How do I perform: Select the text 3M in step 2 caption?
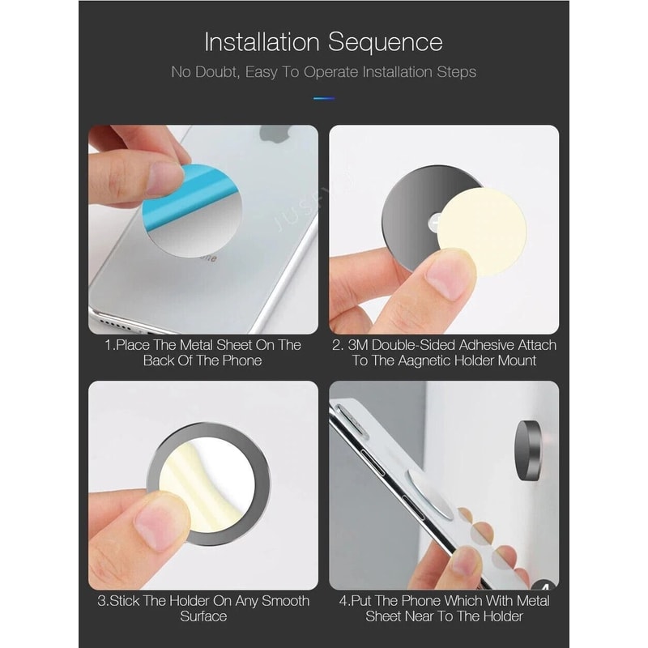(364, 345)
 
